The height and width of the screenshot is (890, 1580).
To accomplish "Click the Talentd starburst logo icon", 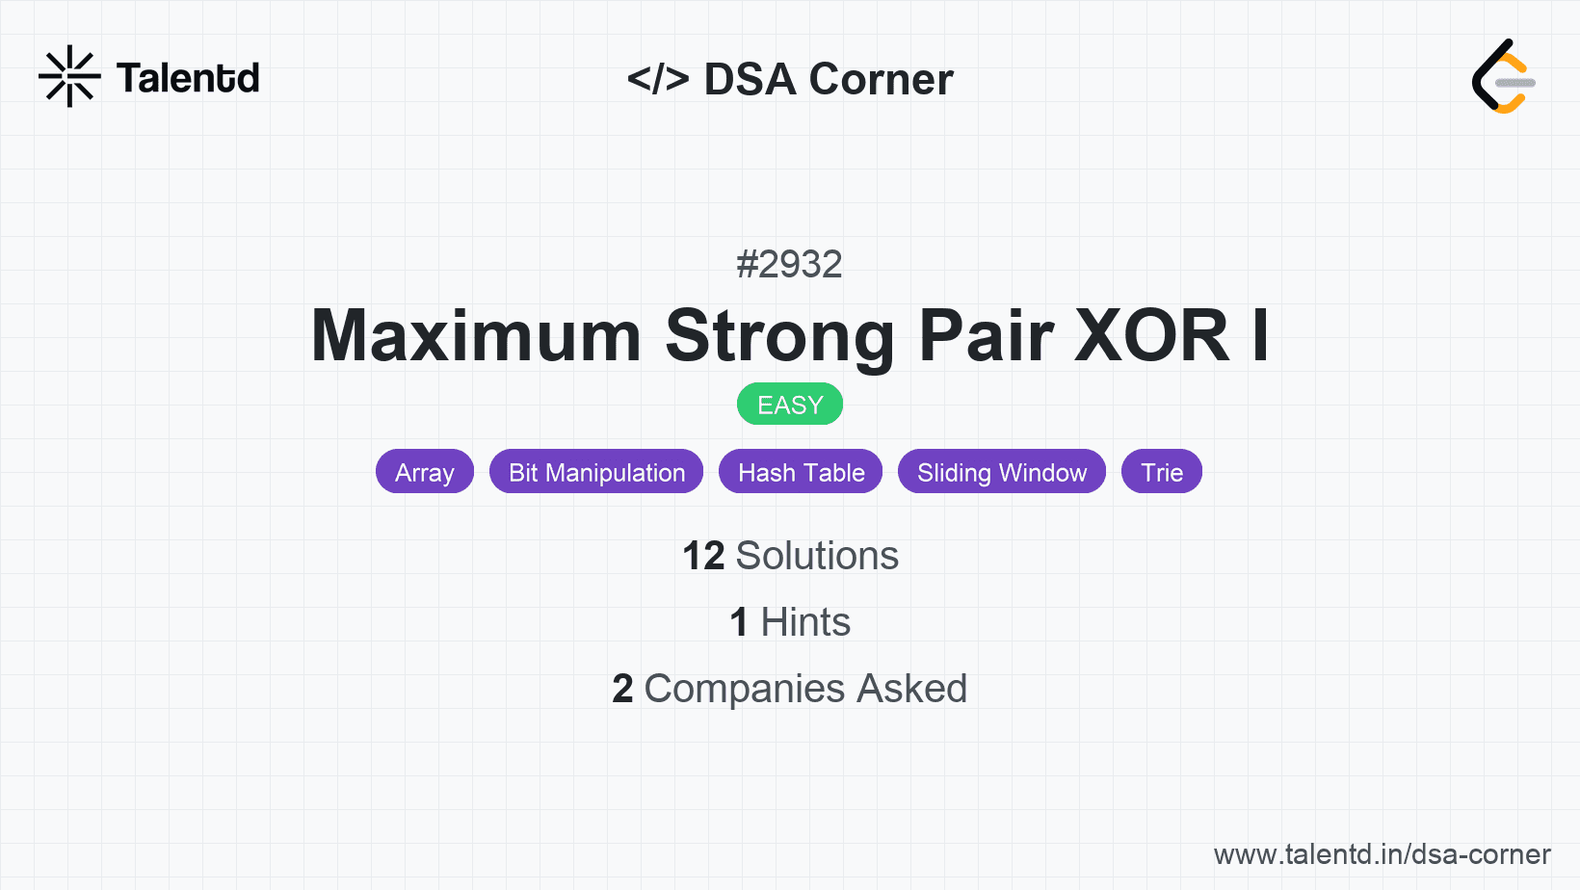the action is tap(69, 76).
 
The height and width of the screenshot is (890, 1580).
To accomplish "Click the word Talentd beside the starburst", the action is tap(188, 78).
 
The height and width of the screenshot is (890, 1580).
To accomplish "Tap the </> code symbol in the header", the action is tap(658, 78).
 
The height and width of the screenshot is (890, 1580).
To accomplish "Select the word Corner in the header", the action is tap(881, 79).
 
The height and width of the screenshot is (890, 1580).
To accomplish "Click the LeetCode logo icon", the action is tap(1503, 76).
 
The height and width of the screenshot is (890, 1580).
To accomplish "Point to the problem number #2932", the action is tap(789, 265).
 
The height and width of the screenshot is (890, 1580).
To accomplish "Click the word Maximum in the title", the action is tap(476, 336).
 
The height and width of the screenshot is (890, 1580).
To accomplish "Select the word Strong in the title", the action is tap(780, 338).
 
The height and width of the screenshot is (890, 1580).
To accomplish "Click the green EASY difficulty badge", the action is tap(790, 405).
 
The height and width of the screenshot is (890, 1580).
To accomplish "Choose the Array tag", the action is tap(425, 471).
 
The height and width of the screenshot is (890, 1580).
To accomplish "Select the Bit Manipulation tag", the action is tap(596, 471).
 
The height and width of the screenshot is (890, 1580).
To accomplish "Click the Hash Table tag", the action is tap(802, 471).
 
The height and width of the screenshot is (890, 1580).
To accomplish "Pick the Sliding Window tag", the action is tap(1002, 471).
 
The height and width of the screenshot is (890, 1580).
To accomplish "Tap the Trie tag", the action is tap(1162, 471).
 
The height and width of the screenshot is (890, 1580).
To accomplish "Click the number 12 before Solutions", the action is tap(703, 556).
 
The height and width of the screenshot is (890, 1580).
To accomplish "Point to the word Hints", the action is tap(805, 622).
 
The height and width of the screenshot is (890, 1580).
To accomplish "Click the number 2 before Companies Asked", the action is tap(622, 689).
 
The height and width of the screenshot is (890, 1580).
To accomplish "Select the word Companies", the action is tap(744, 690).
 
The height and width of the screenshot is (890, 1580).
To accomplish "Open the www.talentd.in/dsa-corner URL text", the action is tap(1382, 854).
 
